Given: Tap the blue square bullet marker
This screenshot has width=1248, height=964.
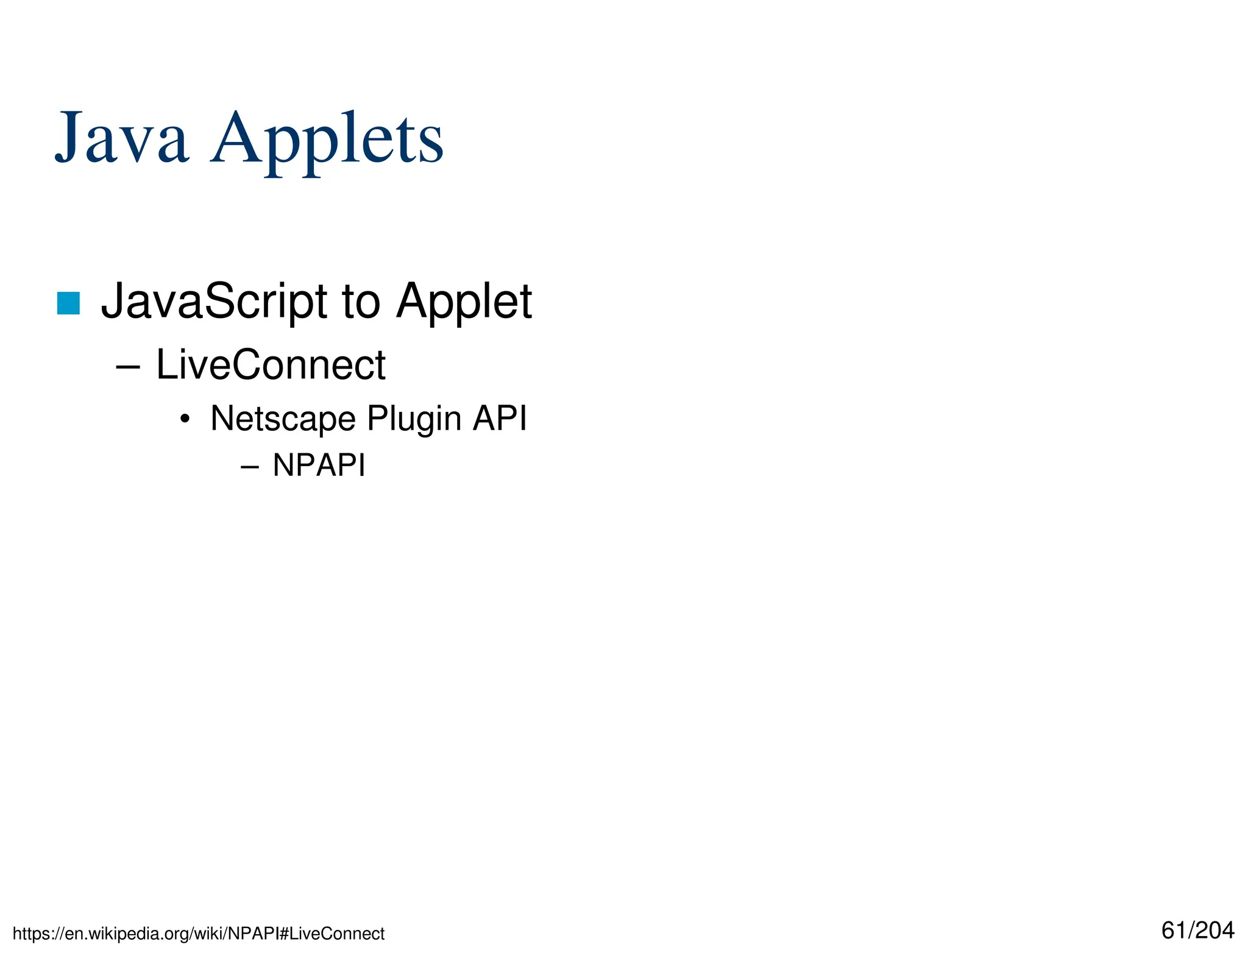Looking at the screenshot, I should (x=68, y=303).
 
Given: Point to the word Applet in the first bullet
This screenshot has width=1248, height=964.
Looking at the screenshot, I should (x=464, y=301).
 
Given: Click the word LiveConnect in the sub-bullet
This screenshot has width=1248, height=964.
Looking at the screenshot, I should (x=271, y=365).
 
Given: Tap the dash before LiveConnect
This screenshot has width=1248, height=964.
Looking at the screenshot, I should (x=128, y=367).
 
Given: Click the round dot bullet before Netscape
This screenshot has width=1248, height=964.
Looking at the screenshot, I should (x=185, y=419).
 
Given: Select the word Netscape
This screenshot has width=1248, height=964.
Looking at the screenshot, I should (x=283, y=419).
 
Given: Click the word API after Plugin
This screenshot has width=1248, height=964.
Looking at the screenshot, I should (x=500, y=419).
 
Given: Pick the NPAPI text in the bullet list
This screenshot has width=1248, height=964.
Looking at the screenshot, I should (x=319, y=466).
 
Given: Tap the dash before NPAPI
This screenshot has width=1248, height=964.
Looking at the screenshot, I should (x=250, y=467).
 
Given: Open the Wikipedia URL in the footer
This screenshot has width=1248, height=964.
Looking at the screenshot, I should (x=199, y=934).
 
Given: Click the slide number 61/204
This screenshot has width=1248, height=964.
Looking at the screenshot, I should (x=1197, y=930).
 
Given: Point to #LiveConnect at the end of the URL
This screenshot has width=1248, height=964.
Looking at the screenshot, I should (x=331, y=934).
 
